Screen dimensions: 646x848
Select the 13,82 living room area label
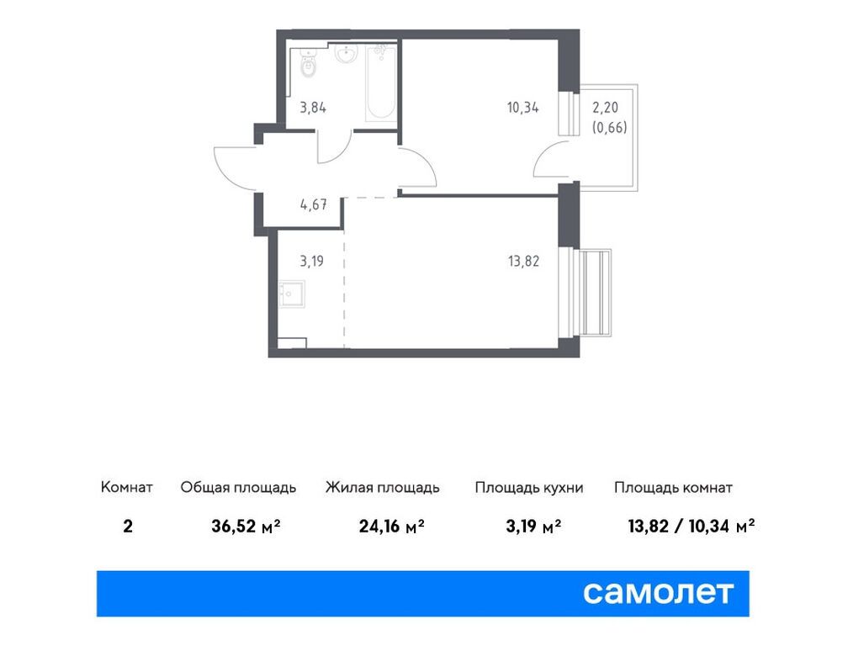coord(522,261)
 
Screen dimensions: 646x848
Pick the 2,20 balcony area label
coord(609,107)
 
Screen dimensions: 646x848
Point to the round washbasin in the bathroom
coord(344,56)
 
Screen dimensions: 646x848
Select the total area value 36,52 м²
coord(246,527)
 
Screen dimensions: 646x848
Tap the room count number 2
coord(127,527)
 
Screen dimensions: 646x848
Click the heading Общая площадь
coord(238,488)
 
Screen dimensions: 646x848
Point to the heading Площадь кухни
coord(528,488)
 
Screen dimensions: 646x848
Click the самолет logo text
coord(659,592)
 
